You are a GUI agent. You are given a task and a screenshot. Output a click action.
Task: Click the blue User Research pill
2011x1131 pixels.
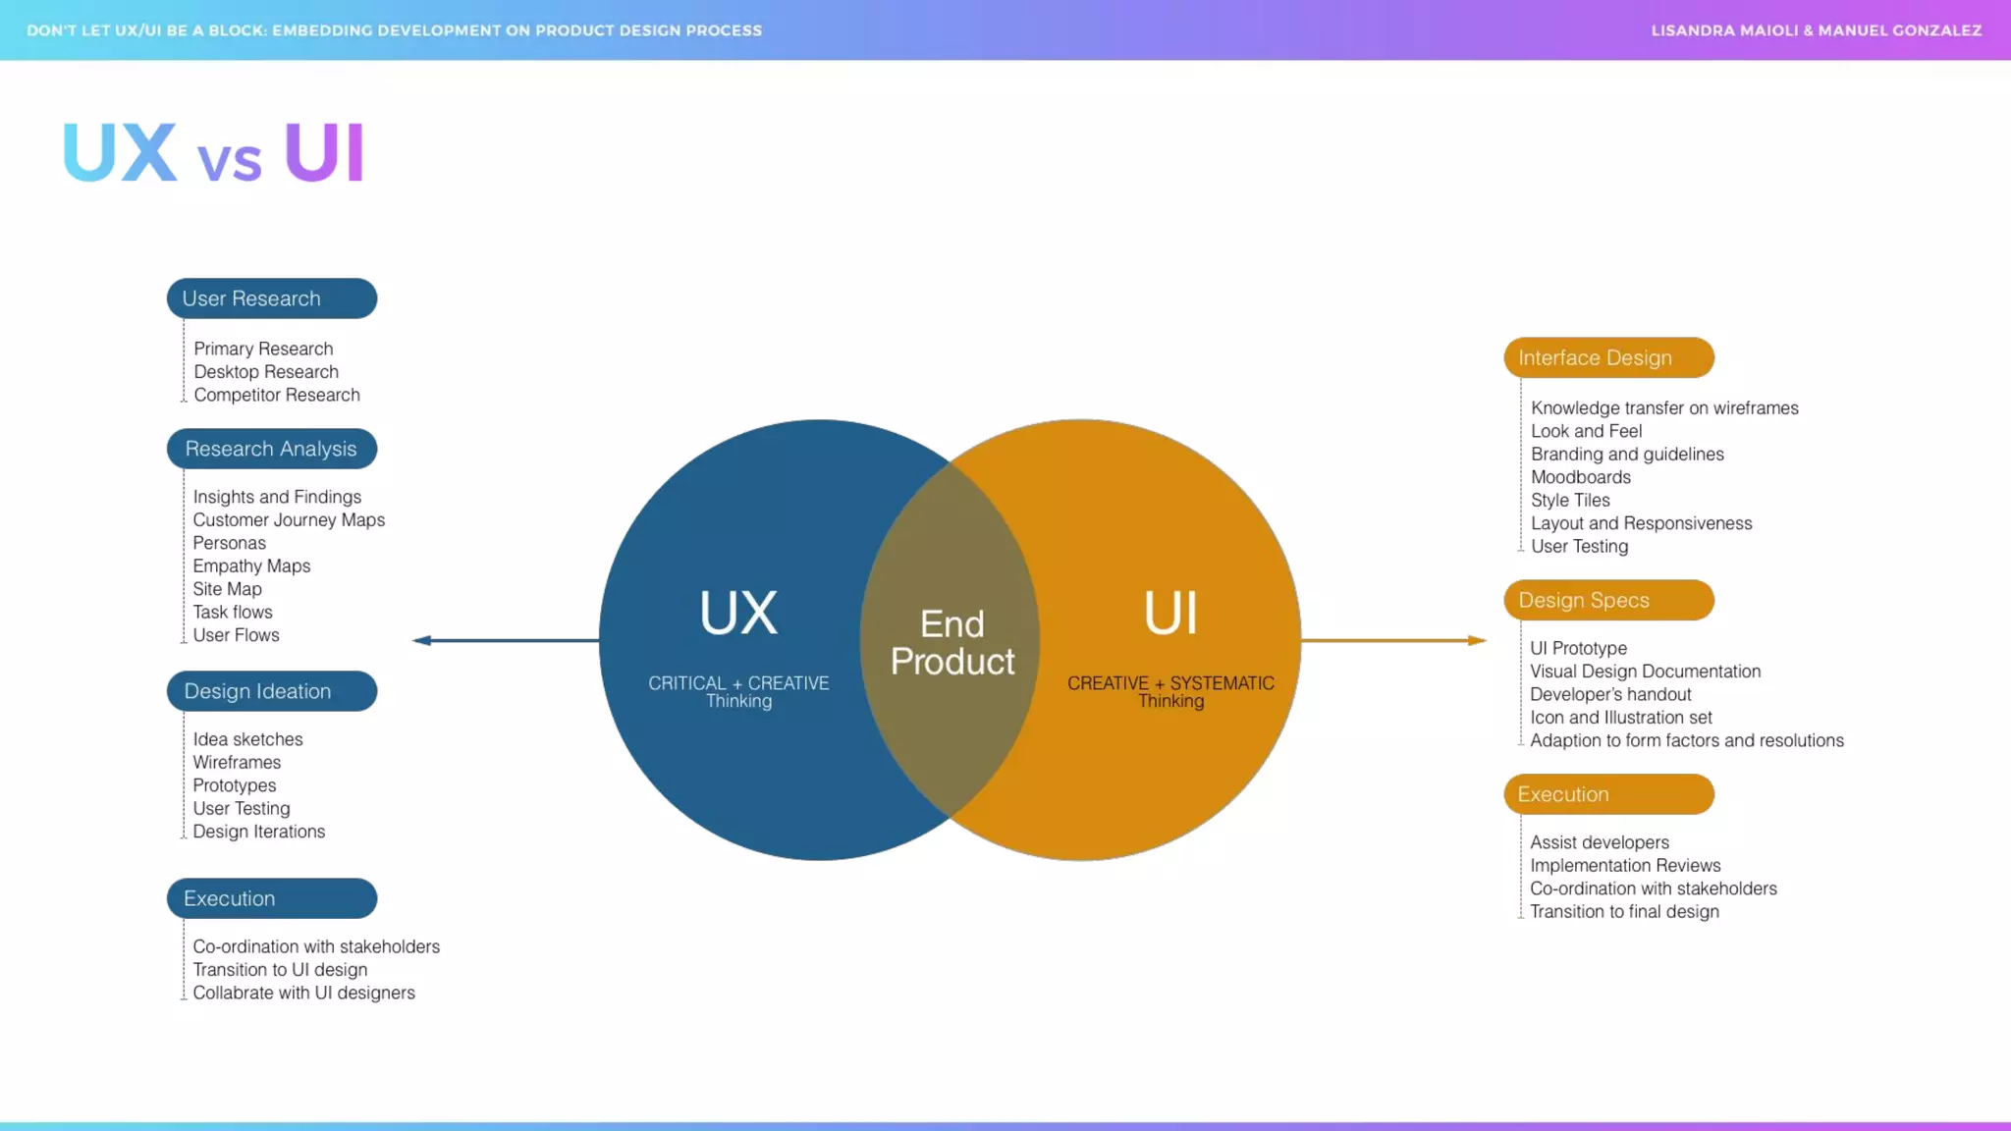tap(272, 298)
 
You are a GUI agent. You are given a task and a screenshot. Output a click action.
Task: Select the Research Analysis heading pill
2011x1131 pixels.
tap(272, 449)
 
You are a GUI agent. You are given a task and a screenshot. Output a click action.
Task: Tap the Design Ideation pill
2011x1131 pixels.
tap(272, 691)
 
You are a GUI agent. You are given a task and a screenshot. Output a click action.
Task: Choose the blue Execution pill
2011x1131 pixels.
tap(272, 898)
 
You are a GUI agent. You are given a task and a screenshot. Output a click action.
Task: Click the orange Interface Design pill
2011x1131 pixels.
tap(1608, 358)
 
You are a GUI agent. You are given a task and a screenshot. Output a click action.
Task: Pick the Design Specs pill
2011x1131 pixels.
tap(1608, 600)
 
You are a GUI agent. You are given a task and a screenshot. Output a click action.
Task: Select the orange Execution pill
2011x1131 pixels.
tap(1608, 794)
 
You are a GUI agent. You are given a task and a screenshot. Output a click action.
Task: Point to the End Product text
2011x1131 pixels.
tap(951, 643)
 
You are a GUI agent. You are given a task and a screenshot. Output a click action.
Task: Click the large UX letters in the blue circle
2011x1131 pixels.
tap(738, 614)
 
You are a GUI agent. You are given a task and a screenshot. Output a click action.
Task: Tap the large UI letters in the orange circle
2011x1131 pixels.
tap(1170, 614)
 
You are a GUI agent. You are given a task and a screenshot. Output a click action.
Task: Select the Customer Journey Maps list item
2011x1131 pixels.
tap(289, 520)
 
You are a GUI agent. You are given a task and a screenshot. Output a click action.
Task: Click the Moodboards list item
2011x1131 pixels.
tap(1580, 477)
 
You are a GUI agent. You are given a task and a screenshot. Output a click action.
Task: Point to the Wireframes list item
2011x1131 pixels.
tap(237, 763)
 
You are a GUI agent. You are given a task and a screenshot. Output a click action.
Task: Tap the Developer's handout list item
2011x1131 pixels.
tap(1610, 695)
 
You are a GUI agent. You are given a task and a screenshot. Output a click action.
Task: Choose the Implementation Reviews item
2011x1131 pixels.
tap(1625, 866)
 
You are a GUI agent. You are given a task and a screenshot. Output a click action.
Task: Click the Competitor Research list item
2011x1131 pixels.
tap(277, 395)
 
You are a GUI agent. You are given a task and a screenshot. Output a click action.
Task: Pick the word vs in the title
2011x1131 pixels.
tap(230, 160)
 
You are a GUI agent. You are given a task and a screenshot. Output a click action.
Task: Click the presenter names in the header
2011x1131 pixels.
tap(1816, 30)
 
